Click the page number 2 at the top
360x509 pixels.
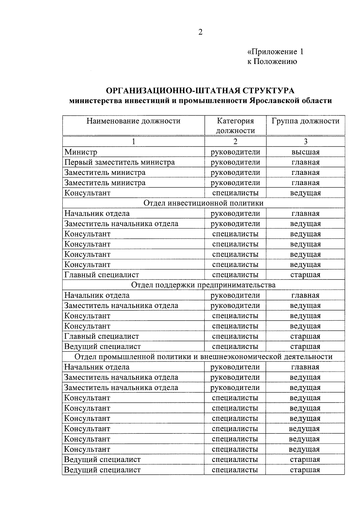(x=200, y=32)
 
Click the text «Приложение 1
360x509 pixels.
(x=275, y=52)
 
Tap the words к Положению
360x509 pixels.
(x=272, y=61)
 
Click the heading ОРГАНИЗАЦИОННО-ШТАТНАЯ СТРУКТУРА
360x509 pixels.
(x=200, y=90)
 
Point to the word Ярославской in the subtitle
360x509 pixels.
(x=274, y=100)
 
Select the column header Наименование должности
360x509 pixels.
(x=133, y=121)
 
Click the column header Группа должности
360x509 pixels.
(x=305, y=121)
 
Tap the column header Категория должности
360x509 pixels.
(x=235, y=126)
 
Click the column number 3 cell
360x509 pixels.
(x=305, y=142)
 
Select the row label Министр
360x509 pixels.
(x=81, y=152)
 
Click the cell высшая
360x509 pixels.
(x=305, y=152)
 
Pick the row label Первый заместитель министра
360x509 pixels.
(x=119, y=162)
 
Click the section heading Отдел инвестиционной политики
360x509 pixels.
(x=203, y=203)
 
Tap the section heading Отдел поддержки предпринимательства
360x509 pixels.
(x=203, y=285)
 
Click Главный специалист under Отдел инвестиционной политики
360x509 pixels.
(x=102, y=275)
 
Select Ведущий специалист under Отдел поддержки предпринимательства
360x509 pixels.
(x=102, y=346)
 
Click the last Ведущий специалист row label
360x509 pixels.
(x=102, y=470)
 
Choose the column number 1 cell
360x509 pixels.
(x=133, y=142)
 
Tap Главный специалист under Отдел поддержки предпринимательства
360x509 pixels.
(x=102, y=336)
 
